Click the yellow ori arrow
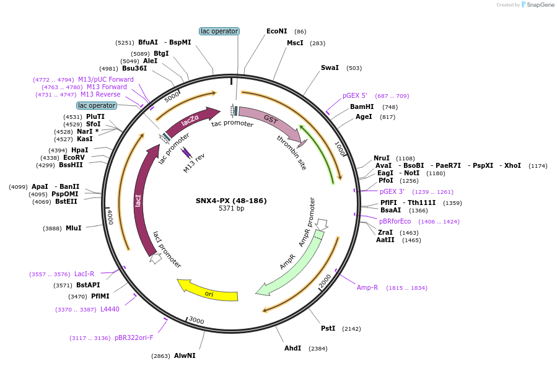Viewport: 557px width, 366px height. (x=209, y=290)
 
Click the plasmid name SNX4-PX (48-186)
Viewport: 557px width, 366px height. (x=231, y=201)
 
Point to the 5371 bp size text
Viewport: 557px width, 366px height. (x=231, y=209)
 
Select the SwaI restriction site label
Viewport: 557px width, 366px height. (x=330, y=68)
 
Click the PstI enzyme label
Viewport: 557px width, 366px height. (x=328, y=328)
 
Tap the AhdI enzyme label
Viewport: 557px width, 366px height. (x=292, y=348)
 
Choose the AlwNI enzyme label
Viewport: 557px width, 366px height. (x=185, y=356)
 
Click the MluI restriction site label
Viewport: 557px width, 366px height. (x=74, y=229)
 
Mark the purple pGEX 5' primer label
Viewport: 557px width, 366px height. (x=355, y=96)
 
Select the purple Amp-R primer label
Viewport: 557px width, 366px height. (x=367, y=287)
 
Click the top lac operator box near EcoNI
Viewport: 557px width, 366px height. (x=219, y=31)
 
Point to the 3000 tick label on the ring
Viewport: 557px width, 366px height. (x=196, y=320)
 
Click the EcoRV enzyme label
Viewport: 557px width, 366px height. (x=74, y=158)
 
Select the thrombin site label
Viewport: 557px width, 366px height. (x=292, y=152)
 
